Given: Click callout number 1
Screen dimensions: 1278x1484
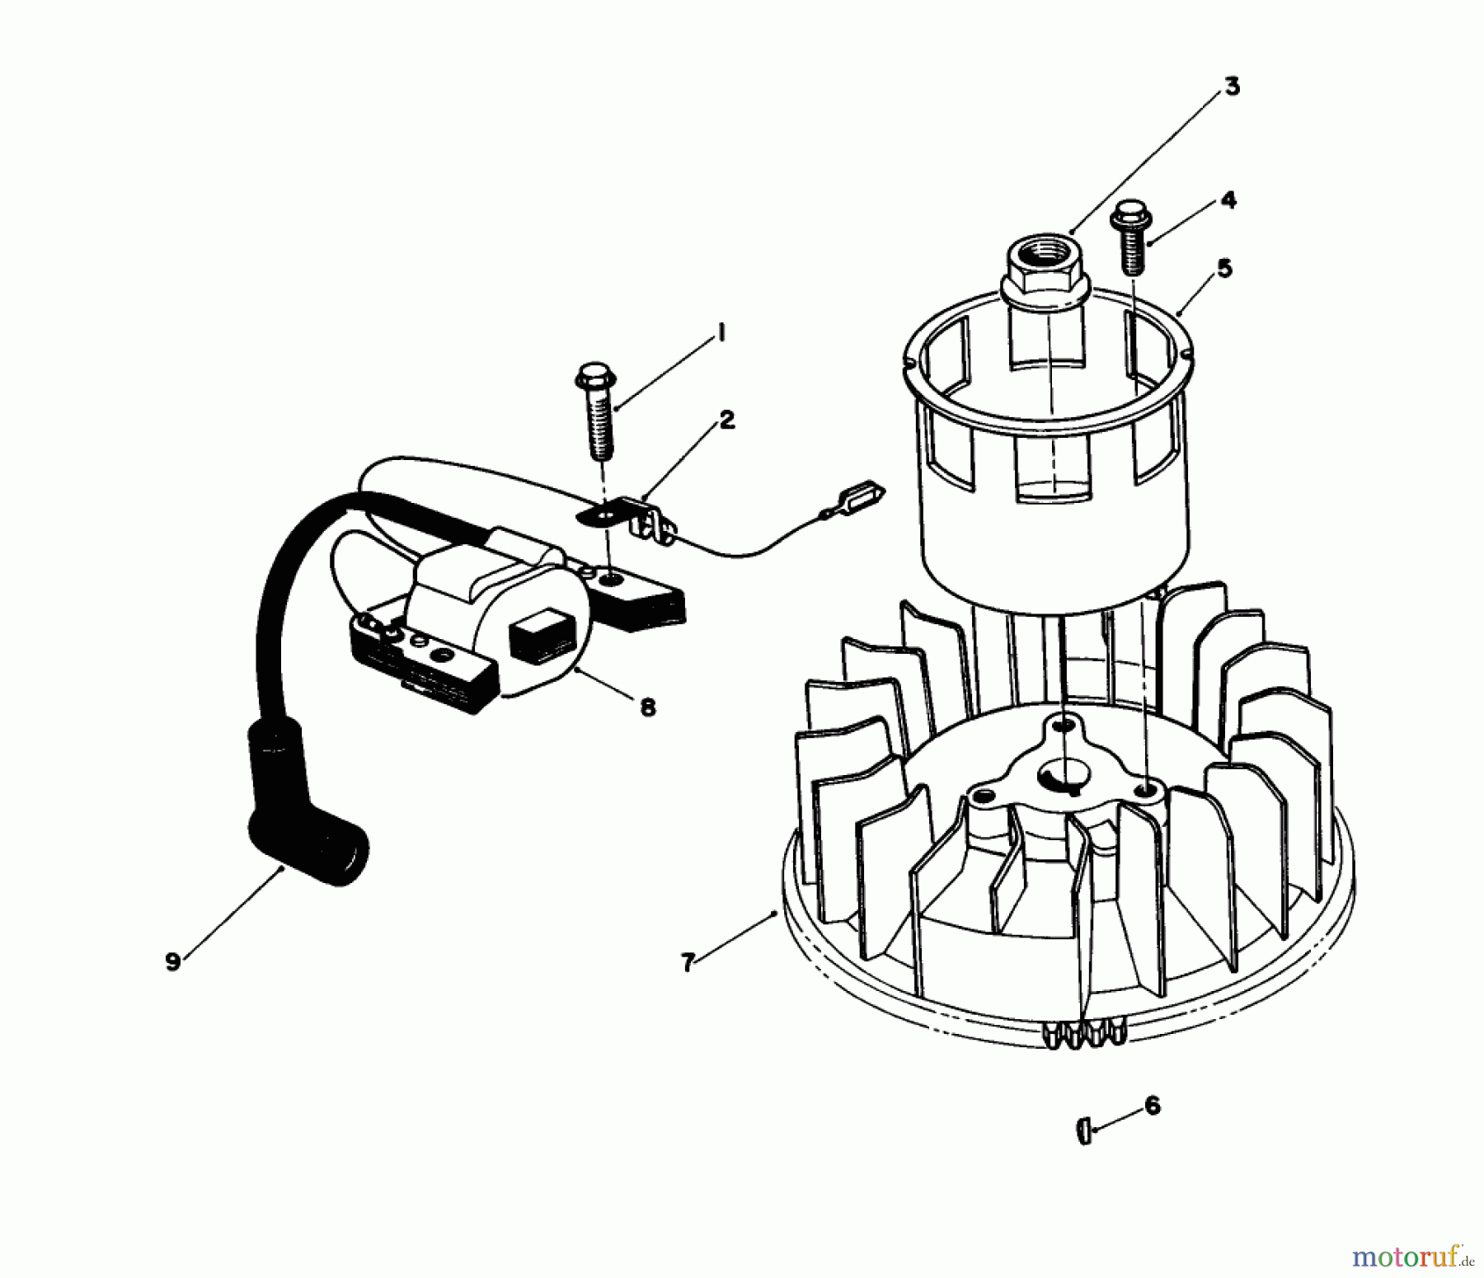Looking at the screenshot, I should (x=720, y=334).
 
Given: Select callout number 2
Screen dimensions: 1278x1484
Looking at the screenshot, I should (x=726, y=421).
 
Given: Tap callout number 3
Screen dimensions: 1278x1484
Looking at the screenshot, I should (x=1231, y=87).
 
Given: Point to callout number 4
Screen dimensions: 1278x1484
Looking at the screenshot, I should (x=1228, y=200).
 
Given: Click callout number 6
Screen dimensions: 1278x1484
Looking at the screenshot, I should (x=1152, y=1106).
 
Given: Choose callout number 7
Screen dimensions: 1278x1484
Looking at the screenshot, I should (x=689, y=962).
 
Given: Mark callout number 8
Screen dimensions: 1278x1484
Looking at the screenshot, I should (x=648, y=707).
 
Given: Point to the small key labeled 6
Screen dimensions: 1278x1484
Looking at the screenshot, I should (x=1084, y=1131).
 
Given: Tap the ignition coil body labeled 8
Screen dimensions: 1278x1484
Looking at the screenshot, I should (x=495, y=610).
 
